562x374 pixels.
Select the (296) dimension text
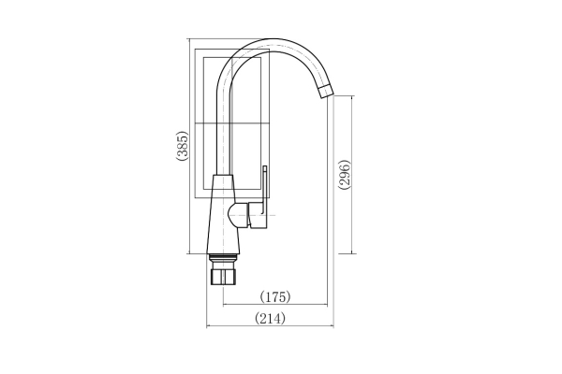(344, 175)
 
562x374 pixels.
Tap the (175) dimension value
(274, 296)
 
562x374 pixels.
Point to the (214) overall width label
(270, 318)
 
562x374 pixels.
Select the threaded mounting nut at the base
(223, 278)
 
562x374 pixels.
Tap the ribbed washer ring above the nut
(223, 258)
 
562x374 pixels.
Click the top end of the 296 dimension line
(352, 95)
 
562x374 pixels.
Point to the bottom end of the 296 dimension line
(352, 253)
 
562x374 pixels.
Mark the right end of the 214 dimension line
(333, 326)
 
